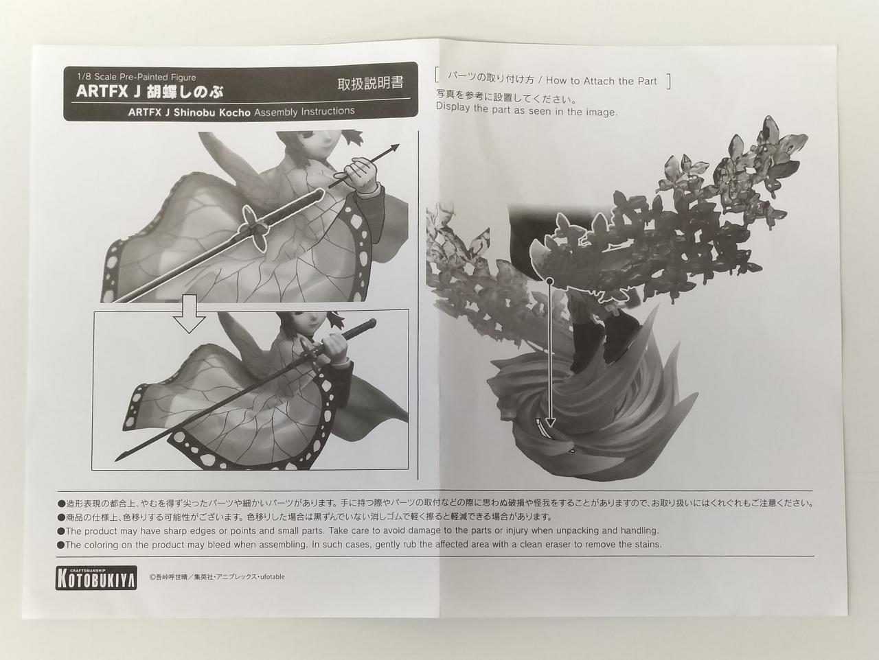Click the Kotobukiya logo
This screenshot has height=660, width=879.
(x=96, y=578)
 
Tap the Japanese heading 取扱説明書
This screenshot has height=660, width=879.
(x=370, y=84)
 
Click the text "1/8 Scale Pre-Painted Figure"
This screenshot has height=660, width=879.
(x=137, y=78)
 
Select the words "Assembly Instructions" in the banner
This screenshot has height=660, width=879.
(x=304, y=111)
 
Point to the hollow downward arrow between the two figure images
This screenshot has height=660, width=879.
(x=189, y=314)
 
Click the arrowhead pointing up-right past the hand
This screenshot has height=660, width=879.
(x=394, y=148)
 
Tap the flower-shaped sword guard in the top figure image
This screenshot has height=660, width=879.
(x=255, y=228)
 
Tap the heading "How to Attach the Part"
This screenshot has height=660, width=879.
(x=602, y=81)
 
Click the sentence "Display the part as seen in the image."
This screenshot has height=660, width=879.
(x=527, y=110)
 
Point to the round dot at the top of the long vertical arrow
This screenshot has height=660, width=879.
(x=551, y=281)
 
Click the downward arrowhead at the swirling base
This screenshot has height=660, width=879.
(x=551, y=423)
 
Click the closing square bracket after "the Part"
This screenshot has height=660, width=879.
(x=668, y=81)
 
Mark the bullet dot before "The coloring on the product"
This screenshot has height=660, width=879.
(x=61, y=545)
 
